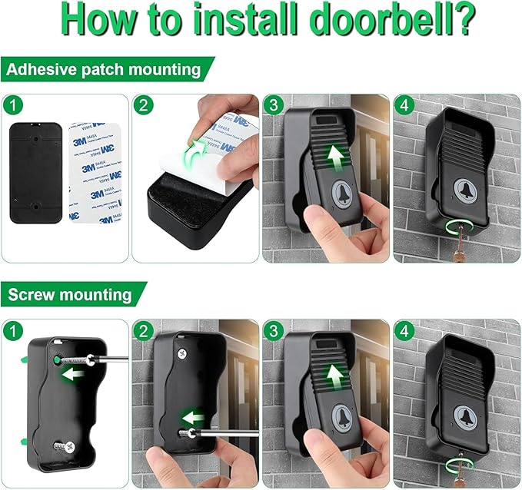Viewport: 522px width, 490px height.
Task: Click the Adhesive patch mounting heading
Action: (x=104, y=70)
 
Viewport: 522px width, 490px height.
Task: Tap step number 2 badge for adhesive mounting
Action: (x=142, y=104)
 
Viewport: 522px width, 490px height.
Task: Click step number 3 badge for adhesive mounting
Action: (x=273, y=104)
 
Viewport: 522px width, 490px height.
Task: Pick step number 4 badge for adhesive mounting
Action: (x=404, y=104)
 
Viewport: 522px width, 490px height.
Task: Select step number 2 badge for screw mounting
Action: (x=142, y=331)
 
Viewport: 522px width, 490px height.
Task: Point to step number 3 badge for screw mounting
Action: (x=273, y=331)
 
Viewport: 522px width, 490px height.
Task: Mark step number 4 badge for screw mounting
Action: (x=404, y=331)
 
